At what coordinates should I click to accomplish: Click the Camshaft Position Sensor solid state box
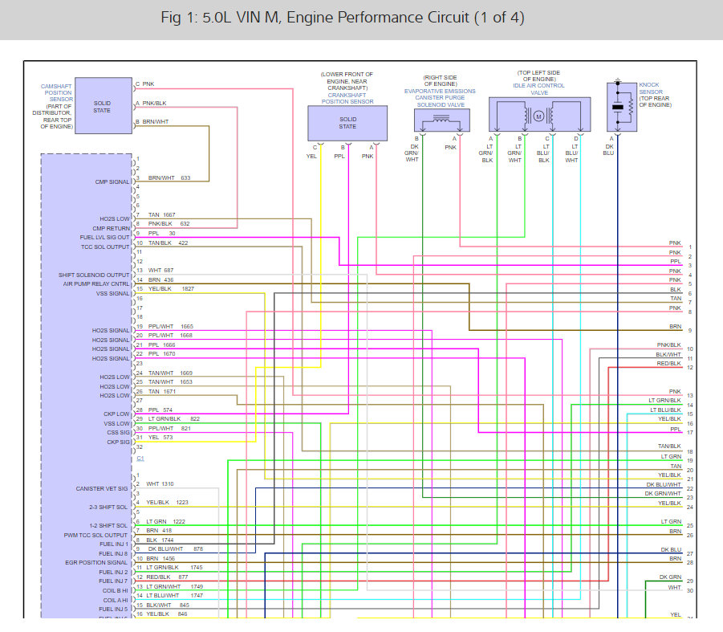(x=102, y=106)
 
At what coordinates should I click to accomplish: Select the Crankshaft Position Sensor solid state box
(x=347, y=122)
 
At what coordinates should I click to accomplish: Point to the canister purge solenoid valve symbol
(x=440, y=120)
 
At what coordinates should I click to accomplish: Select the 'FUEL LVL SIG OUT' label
(x=104, y=238)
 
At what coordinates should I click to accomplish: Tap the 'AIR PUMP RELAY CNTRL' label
(x=96, y=283)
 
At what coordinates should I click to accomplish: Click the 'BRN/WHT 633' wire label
(x=169, y=177)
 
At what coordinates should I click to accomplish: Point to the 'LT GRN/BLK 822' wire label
(x=173, y=418)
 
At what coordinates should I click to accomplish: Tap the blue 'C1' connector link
(x=140, y=458)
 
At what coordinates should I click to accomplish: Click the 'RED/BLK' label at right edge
(x=668, y=364)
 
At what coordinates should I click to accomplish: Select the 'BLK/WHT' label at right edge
(x=668, y=354)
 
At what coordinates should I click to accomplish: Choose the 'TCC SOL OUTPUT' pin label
(x=106, y=247)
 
